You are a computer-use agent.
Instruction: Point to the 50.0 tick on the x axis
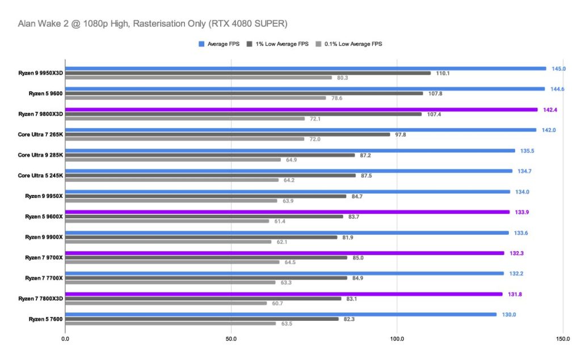click(231, 338)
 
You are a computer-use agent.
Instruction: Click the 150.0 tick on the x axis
click(562, 338)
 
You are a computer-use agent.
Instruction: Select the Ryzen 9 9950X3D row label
click(40, 73)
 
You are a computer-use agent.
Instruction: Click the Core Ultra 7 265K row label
click(40, 134)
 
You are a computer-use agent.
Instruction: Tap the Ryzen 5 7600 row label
click(46, 319)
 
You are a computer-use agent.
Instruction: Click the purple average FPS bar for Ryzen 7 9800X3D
click(301, 109)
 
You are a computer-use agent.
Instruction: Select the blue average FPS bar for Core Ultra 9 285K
click(290, 151)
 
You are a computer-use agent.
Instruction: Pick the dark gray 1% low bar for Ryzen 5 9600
click(244, 94)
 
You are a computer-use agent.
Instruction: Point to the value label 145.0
click(558, 69)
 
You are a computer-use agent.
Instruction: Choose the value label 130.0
click(508, 315)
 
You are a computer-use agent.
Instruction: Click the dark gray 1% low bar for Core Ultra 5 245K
click(210, 175)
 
